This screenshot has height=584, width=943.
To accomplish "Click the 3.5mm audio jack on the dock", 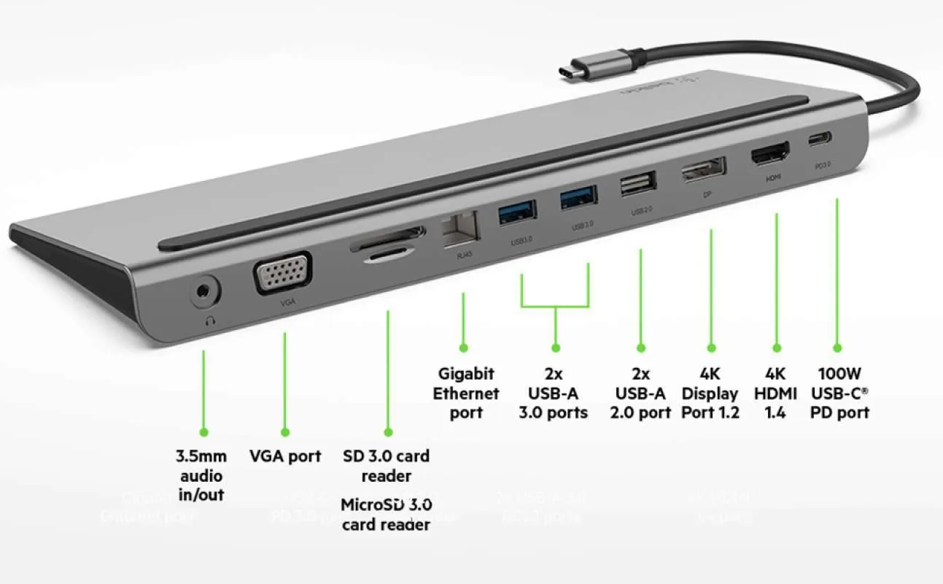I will point(206,293).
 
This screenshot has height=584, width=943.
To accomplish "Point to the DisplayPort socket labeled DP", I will point(705,171).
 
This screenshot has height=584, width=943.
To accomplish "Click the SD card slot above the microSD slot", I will point(387,237).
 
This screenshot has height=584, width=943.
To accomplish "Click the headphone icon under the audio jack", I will point(212,319).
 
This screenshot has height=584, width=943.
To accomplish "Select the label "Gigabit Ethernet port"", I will point(466,393).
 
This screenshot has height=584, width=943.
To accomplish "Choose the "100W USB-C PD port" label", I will point(839,393).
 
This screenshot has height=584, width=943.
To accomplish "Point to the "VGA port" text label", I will point(285,456).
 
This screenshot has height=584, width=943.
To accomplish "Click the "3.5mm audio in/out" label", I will point(201,476).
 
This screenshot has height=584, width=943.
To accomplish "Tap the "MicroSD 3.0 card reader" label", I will point(387,514).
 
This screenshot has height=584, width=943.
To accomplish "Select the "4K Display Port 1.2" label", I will point(710,393).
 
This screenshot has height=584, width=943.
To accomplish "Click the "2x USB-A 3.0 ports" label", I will point(553,393).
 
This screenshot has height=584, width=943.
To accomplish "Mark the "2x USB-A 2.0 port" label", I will point(640,393).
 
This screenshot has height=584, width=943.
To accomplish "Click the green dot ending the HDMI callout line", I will point(777,348).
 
